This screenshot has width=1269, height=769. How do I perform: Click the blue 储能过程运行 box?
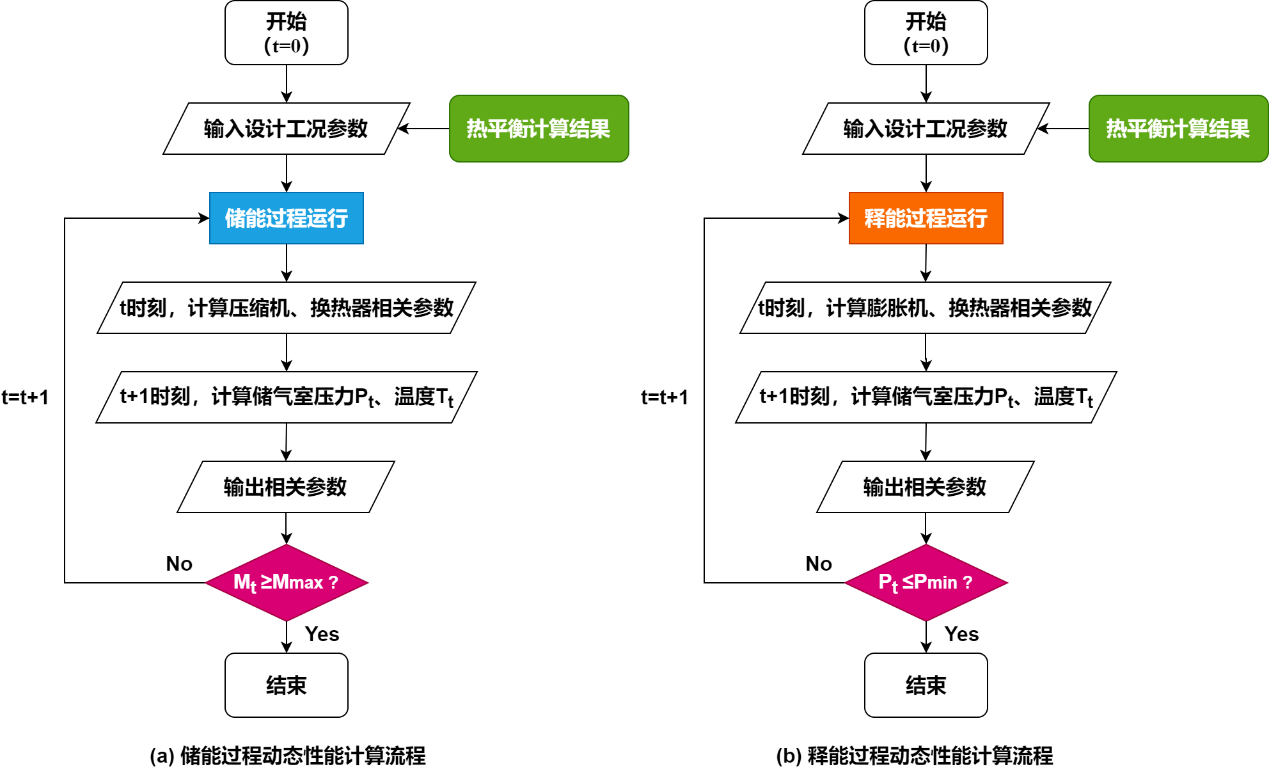pos(286,217)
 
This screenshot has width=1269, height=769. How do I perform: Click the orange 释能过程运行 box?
pos(925,217)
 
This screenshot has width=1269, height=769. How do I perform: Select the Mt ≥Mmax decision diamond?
pos(286,581)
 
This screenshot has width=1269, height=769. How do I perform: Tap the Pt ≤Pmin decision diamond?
pos(925,581)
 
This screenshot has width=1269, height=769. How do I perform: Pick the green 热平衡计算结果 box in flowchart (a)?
pos(538,129)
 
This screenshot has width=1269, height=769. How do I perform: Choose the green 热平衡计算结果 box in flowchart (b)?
pos(1178,129)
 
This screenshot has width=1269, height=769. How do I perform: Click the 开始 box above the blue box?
pos(286,32)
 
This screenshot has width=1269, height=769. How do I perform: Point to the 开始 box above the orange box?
pos(925,32)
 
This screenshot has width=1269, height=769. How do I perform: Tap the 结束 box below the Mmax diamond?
pos(286,685)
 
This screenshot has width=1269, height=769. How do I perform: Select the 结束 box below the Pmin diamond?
pos(925,685)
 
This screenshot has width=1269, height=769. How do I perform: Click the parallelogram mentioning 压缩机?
pos(286,308)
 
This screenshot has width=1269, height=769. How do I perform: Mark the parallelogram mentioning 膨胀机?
pos(925,308)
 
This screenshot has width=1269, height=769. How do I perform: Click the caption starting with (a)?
pos(288,755)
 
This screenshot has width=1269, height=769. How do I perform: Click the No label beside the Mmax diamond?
pos(179,564)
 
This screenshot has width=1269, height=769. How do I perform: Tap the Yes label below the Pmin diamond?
pos(961,634)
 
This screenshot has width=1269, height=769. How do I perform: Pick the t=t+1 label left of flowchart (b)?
pos(664,397)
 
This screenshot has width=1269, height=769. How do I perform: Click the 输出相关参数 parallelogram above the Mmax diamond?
pos(286,487)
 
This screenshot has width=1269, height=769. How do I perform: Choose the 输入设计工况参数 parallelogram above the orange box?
pos(925,129)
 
